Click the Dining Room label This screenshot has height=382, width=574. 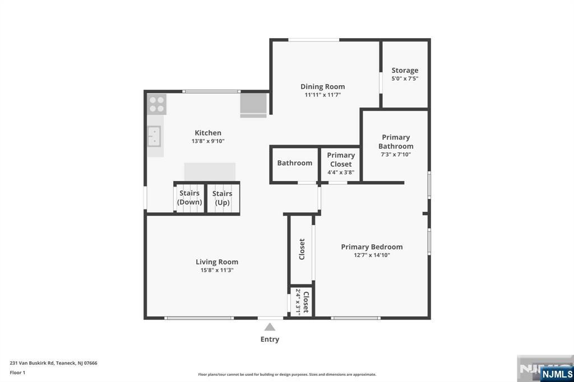click(x=322, y=87)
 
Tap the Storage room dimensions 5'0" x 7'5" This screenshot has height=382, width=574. click(x=405, y=78)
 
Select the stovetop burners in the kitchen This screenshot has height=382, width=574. click(x=157, y=104)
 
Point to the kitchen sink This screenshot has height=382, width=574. click(x=154, y=136)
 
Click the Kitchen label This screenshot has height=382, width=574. click(x=208, y=133)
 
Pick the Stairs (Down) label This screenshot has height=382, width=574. click(x=189, y=198)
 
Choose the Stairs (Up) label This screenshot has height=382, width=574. click(x=222, y=198)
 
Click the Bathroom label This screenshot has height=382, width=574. click(x=295, y=163)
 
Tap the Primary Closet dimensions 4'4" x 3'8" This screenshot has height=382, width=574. click(x=341, y=173)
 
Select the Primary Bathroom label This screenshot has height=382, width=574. click(x=396, y=142)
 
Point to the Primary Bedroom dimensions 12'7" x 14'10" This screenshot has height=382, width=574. click(x=372, y=255)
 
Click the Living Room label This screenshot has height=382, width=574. click(x=217, y=262)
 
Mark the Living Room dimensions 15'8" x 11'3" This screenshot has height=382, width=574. click(x=217, y=271)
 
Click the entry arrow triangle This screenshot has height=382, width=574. click(x=270, y=327)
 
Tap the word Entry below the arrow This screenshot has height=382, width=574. click(x=270, y=339)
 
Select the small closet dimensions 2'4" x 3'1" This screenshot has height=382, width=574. click(x=298, y=302)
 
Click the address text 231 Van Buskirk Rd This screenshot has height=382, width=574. click(x=32, y=363)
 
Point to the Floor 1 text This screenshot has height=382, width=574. click(x=17, y=372)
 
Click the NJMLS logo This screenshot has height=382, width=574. click(x=557, y=374)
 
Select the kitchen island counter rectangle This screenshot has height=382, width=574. click(x=210, y=171)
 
